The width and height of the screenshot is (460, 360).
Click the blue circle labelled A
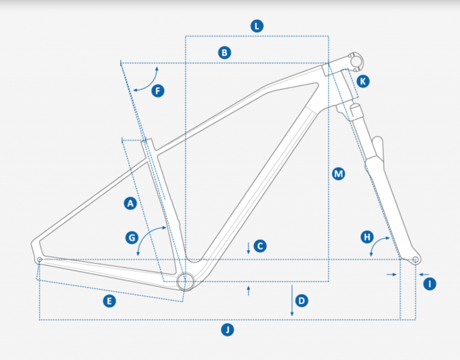click(x=131, y=203)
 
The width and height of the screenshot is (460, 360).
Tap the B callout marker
click(x=225, y=53)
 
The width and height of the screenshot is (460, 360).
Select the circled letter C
click(x=260, y=246)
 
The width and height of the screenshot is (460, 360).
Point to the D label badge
click(x=301, y=301)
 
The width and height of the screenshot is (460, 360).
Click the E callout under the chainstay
click(x=110, y=301)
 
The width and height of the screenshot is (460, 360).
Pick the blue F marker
click(x=158, y=91)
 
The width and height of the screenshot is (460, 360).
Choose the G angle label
click(x=132, y=237)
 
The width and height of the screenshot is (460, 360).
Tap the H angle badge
click(x=367, y=237)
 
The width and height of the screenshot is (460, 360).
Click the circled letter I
click(x=430, y=284)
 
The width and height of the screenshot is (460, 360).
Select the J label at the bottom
click(x=227, y=329)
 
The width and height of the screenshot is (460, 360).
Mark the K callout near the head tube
click(x=363, y=81)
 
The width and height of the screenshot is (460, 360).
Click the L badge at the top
click(x=257, y=26)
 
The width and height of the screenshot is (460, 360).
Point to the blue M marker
click(x=339, y=174)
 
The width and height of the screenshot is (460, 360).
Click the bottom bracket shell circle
click(x=186, y=281)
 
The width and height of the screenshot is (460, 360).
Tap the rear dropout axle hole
click(x=40, y=260)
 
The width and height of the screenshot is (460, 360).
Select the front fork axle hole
click(x=415, y=259)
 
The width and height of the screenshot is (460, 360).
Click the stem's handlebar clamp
click(x=356, y=61)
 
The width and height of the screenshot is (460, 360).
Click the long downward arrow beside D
click(x=292, y=300)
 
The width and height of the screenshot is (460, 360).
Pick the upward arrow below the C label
click(x=248, y=291)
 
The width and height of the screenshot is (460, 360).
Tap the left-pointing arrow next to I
click(x=424, y=274)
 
